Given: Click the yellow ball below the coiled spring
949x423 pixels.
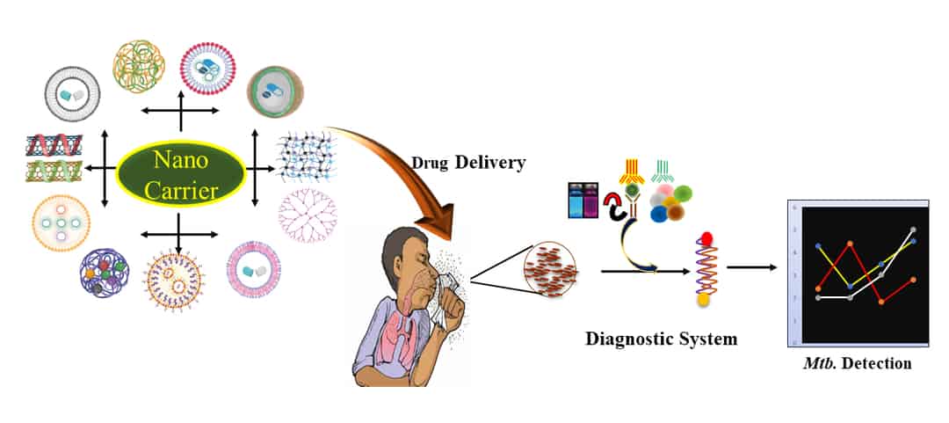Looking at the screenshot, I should tap(704, 301).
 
